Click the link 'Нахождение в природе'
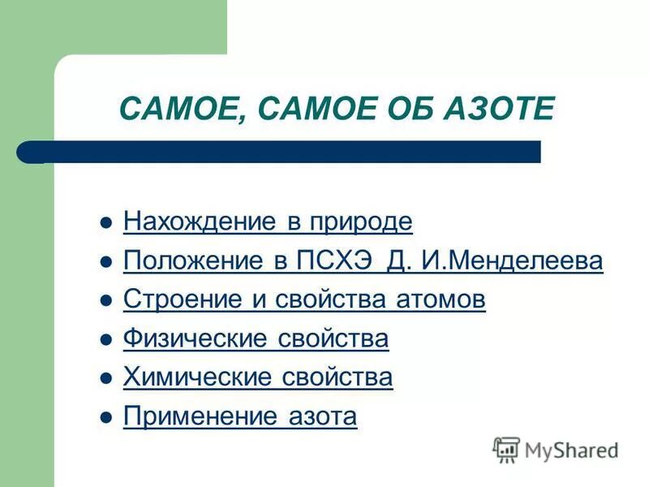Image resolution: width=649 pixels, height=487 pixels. [x=268, y=222]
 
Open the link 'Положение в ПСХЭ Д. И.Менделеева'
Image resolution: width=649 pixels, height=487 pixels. [x=363, y=261]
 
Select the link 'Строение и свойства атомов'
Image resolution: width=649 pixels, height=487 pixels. [x=304, y=300]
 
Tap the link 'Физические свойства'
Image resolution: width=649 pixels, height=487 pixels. [x=256, y=339]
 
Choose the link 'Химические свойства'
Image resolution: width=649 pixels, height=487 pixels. [x=258, y=377]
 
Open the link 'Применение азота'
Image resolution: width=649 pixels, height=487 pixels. [x=240, y=416]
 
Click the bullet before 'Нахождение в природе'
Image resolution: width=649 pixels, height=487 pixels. [x=104, y=222]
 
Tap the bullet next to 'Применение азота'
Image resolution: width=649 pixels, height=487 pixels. [x=104, y=417]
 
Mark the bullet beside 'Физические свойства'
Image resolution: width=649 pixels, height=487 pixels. [x=104, y=340]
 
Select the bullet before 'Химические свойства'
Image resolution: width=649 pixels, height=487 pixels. [x=104, y=378]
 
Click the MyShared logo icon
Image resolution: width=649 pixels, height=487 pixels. [x=507, y=449]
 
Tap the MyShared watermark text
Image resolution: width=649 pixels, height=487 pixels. [x=572, y=450]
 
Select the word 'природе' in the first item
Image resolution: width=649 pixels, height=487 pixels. [x=357, y=222]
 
